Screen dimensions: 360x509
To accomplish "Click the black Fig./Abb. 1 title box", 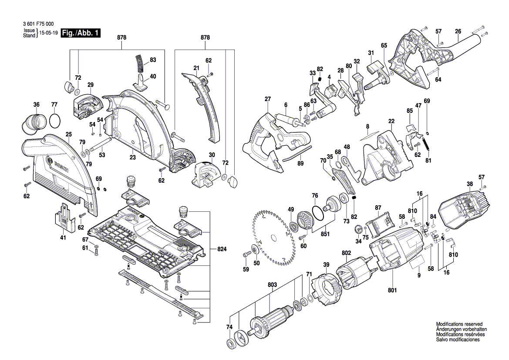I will tap(81, 33).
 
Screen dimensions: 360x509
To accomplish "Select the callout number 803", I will tap(272, 285).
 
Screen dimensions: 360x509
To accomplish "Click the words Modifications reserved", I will tap(459, 325).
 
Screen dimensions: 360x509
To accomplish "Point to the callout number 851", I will tap(325, 233).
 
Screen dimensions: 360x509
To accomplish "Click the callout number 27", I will tap(267, 99).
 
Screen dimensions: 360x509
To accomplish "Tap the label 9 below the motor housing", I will tap(418, 275).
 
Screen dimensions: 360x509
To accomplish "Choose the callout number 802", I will tap(346, 252).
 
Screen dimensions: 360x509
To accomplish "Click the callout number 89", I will tap(300, 163).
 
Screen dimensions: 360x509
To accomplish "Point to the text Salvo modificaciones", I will tap(458, 340).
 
